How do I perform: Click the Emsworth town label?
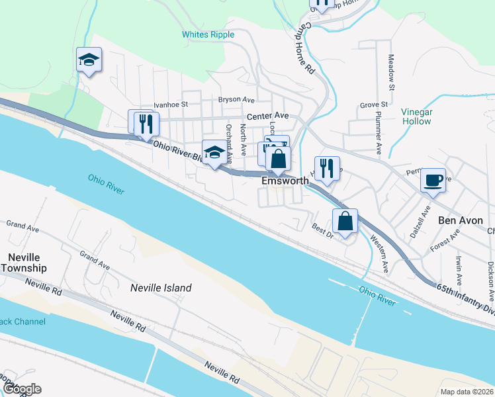[x=285, y=180]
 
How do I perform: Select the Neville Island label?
[x=160, y=288]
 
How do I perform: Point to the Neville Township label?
[x=24, y=263]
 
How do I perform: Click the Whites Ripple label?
[x=208, y=34]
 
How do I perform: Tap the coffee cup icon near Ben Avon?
[x=433, y=180]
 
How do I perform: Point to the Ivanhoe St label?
[x=171, y=105]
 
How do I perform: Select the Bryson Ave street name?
[x=236, y=100]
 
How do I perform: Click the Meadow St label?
[x=391, y=73]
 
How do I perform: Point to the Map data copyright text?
[x=467, y=391]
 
